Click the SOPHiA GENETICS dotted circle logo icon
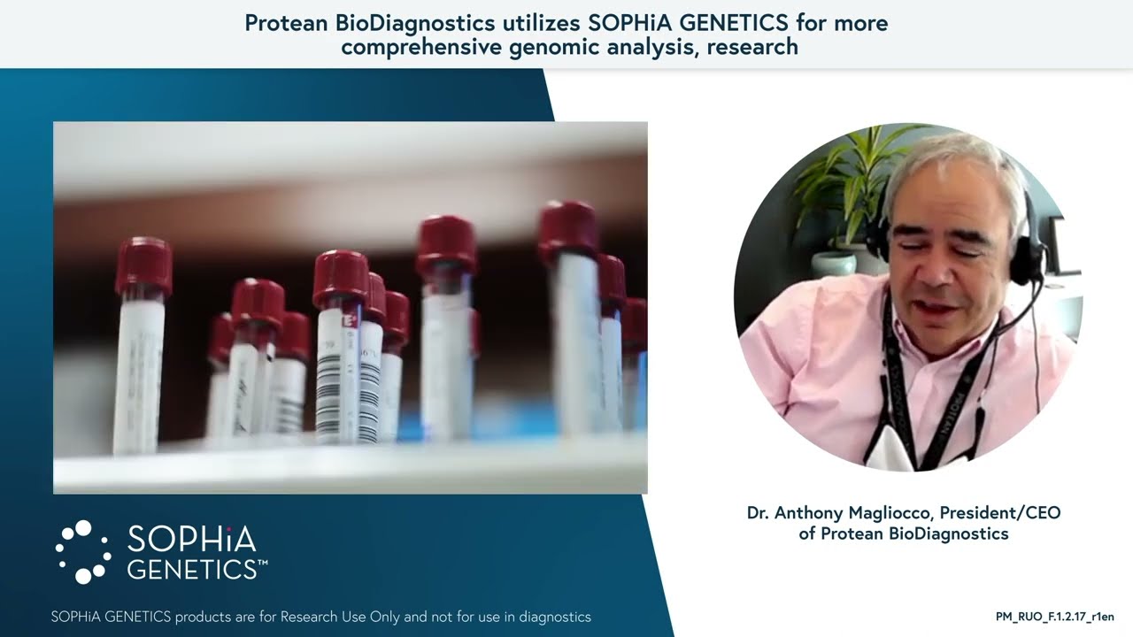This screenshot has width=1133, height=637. coord(82,552)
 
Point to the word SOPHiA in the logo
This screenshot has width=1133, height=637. coord(191,540)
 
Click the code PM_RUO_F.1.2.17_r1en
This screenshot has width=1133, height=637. coord(1054,617)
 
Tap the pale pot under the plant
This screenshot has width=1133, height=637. coord(833,264)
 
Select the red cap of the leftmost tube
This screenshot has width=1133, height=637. coord(143,266)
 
